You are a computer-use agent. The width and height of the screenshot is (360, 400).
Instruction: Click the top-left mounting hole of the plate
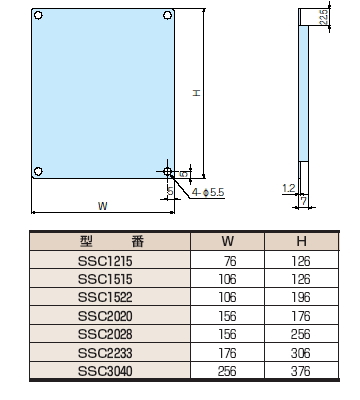pos(38,15)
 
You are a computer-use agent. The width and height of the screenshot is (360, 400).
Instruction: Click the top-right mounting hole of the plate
pos(168,15)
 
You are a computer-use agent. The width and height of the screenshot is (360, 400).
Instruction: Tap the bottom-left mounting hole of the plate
pos(38,171)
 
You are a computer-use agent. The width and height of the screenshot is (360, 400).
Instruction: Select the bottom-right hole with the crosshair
pos(168,172)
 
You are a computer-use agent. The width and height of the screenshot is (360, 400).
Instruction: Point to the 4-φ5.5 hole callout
pos(208,192)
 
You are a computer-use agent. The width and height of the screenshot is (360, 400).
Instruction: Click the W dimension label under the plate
pos(103,206)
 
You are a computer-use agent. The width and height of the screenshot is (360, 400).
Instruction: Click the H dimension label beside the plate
pos(197,93)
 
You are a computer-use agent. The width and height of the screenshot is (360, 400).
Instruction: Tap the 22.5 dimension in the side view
pos(323,17)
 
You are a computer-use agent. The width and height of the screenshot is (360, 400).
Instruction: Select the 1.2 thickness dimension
pos(289,189)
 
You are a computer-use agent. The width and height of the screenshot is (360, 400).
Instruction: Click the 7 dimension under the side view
pos(303,201)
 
